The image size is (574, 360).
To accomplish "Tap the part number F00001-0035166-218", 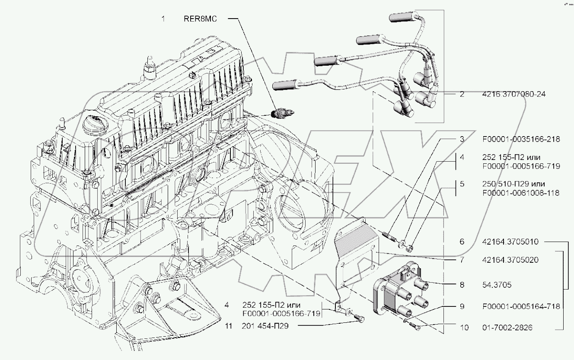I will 521,139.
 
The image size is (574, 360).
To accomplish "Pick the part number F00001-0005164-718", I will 521,306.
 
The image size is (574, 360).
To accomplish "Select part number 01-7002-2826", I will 508,328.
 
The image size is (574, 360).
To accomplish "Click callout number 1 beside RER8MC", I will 163,19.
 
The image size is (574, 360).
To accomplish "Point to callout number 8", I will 462,285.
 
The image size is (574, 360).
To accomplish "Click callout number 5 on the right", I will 462,184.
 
